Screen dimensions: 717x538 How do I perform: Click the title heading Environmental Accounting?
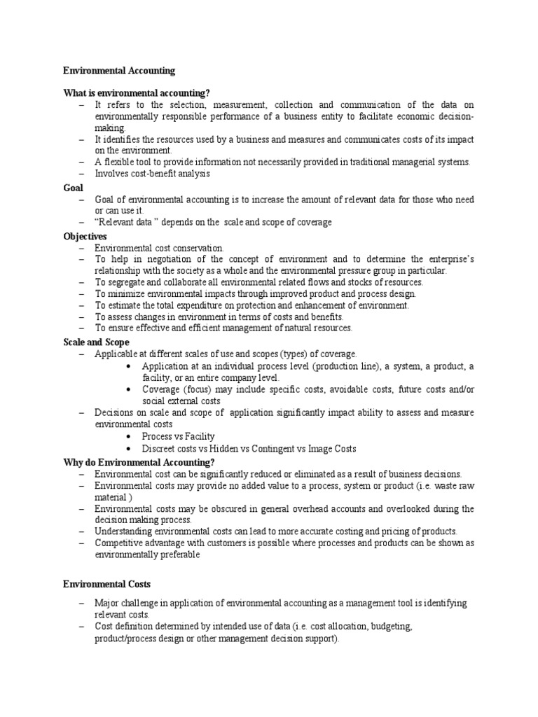pos(119,71)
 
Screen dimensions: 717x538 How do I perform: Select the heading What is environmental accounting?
pos(137,94)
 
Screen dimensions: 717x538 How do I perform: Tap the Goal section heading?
pos(73,188)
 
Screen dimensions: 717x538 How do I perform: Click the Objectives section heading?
pos(85,237)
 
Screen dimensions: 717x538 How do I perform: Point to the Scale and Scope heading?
pos(96,342)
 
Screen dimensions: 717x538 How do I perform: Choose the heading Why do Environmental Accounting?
pos(139,462)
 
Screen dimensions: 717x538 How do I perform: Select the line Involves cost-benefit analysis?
pos(153,174)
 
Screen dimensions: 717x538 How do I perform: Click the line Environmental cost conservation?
pos(160,248)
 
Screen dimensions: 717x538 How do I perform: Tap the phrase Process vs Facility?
pos(178,437)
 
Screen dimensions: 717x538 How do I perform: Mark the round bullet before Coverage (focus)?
pos(130,389)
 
